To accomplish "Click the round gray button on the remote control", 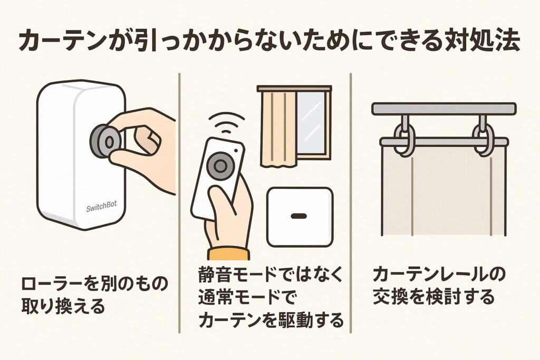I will pyautogui.click(x=220, y=167).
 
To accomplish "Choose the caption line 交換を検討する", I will pyautogui.click(x=433, y=297).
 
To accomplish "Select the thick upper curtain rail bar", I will pyautogui.click(x=443, y=109).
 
